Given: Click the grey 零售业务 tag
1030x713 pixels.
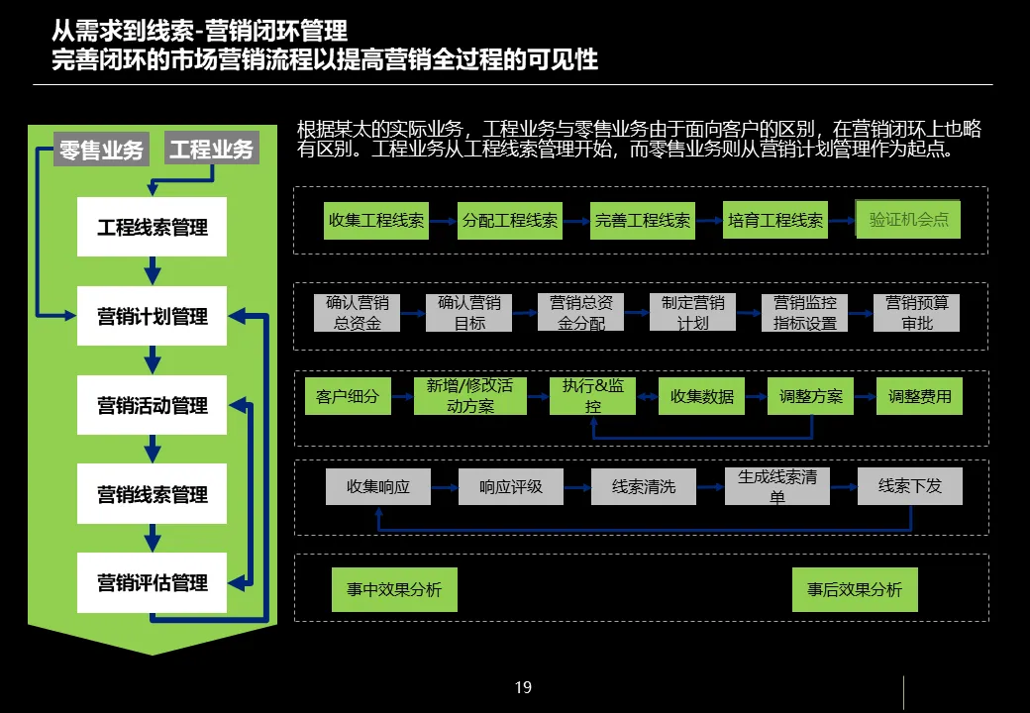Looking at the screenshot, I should (101, 150).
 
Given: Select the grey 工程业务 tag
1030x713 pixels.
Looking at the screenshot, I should (211, 150).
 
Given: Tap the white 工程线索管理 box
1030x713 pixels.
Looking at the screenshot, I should (153, 228).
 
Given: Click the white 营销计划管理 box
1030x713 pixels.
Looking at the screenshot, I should (153, 317).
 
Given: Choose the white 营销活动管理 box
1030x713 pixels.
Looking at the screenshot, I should (153, 406).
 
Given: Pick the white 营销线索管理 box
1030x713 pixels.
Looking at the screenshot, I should (153, 494).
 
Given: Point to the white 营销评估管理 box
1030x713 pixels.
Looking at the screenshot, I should (153, 583).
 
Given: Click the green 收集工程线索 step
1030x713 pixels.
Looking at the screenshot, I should (376, 220).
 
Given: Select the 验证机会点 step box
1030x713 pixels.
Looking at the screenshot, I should (908, 220).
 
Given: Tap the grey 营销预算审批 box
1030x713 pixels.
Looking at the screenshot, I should (917, 312).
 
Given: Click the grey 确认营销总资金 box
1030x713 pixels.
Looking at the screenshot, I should (357, 312).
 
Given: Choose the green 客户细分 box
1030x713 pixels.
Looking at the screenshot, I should (348, 396).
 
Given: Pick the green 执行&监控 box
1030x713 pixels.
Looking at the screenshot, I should (592, 396).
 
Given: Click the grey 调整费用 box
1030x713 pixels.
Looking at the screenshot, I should (919, 396).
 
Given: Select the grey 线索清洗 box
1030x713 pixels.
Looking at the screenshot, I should (644, 486).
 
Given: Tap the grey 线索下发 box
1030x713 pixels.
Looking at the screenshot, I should (909, 486).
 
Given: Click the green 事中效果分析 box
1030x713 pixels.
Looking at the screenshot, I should (394, 589).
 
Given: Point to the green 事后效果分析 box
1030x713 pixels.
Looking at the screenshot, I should (855, 589).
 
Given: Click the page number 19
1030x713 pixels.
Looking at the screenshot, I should (523, 687).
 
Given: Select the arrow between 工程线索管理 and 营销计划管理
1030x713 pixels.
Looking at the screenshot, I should (152, 270).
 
